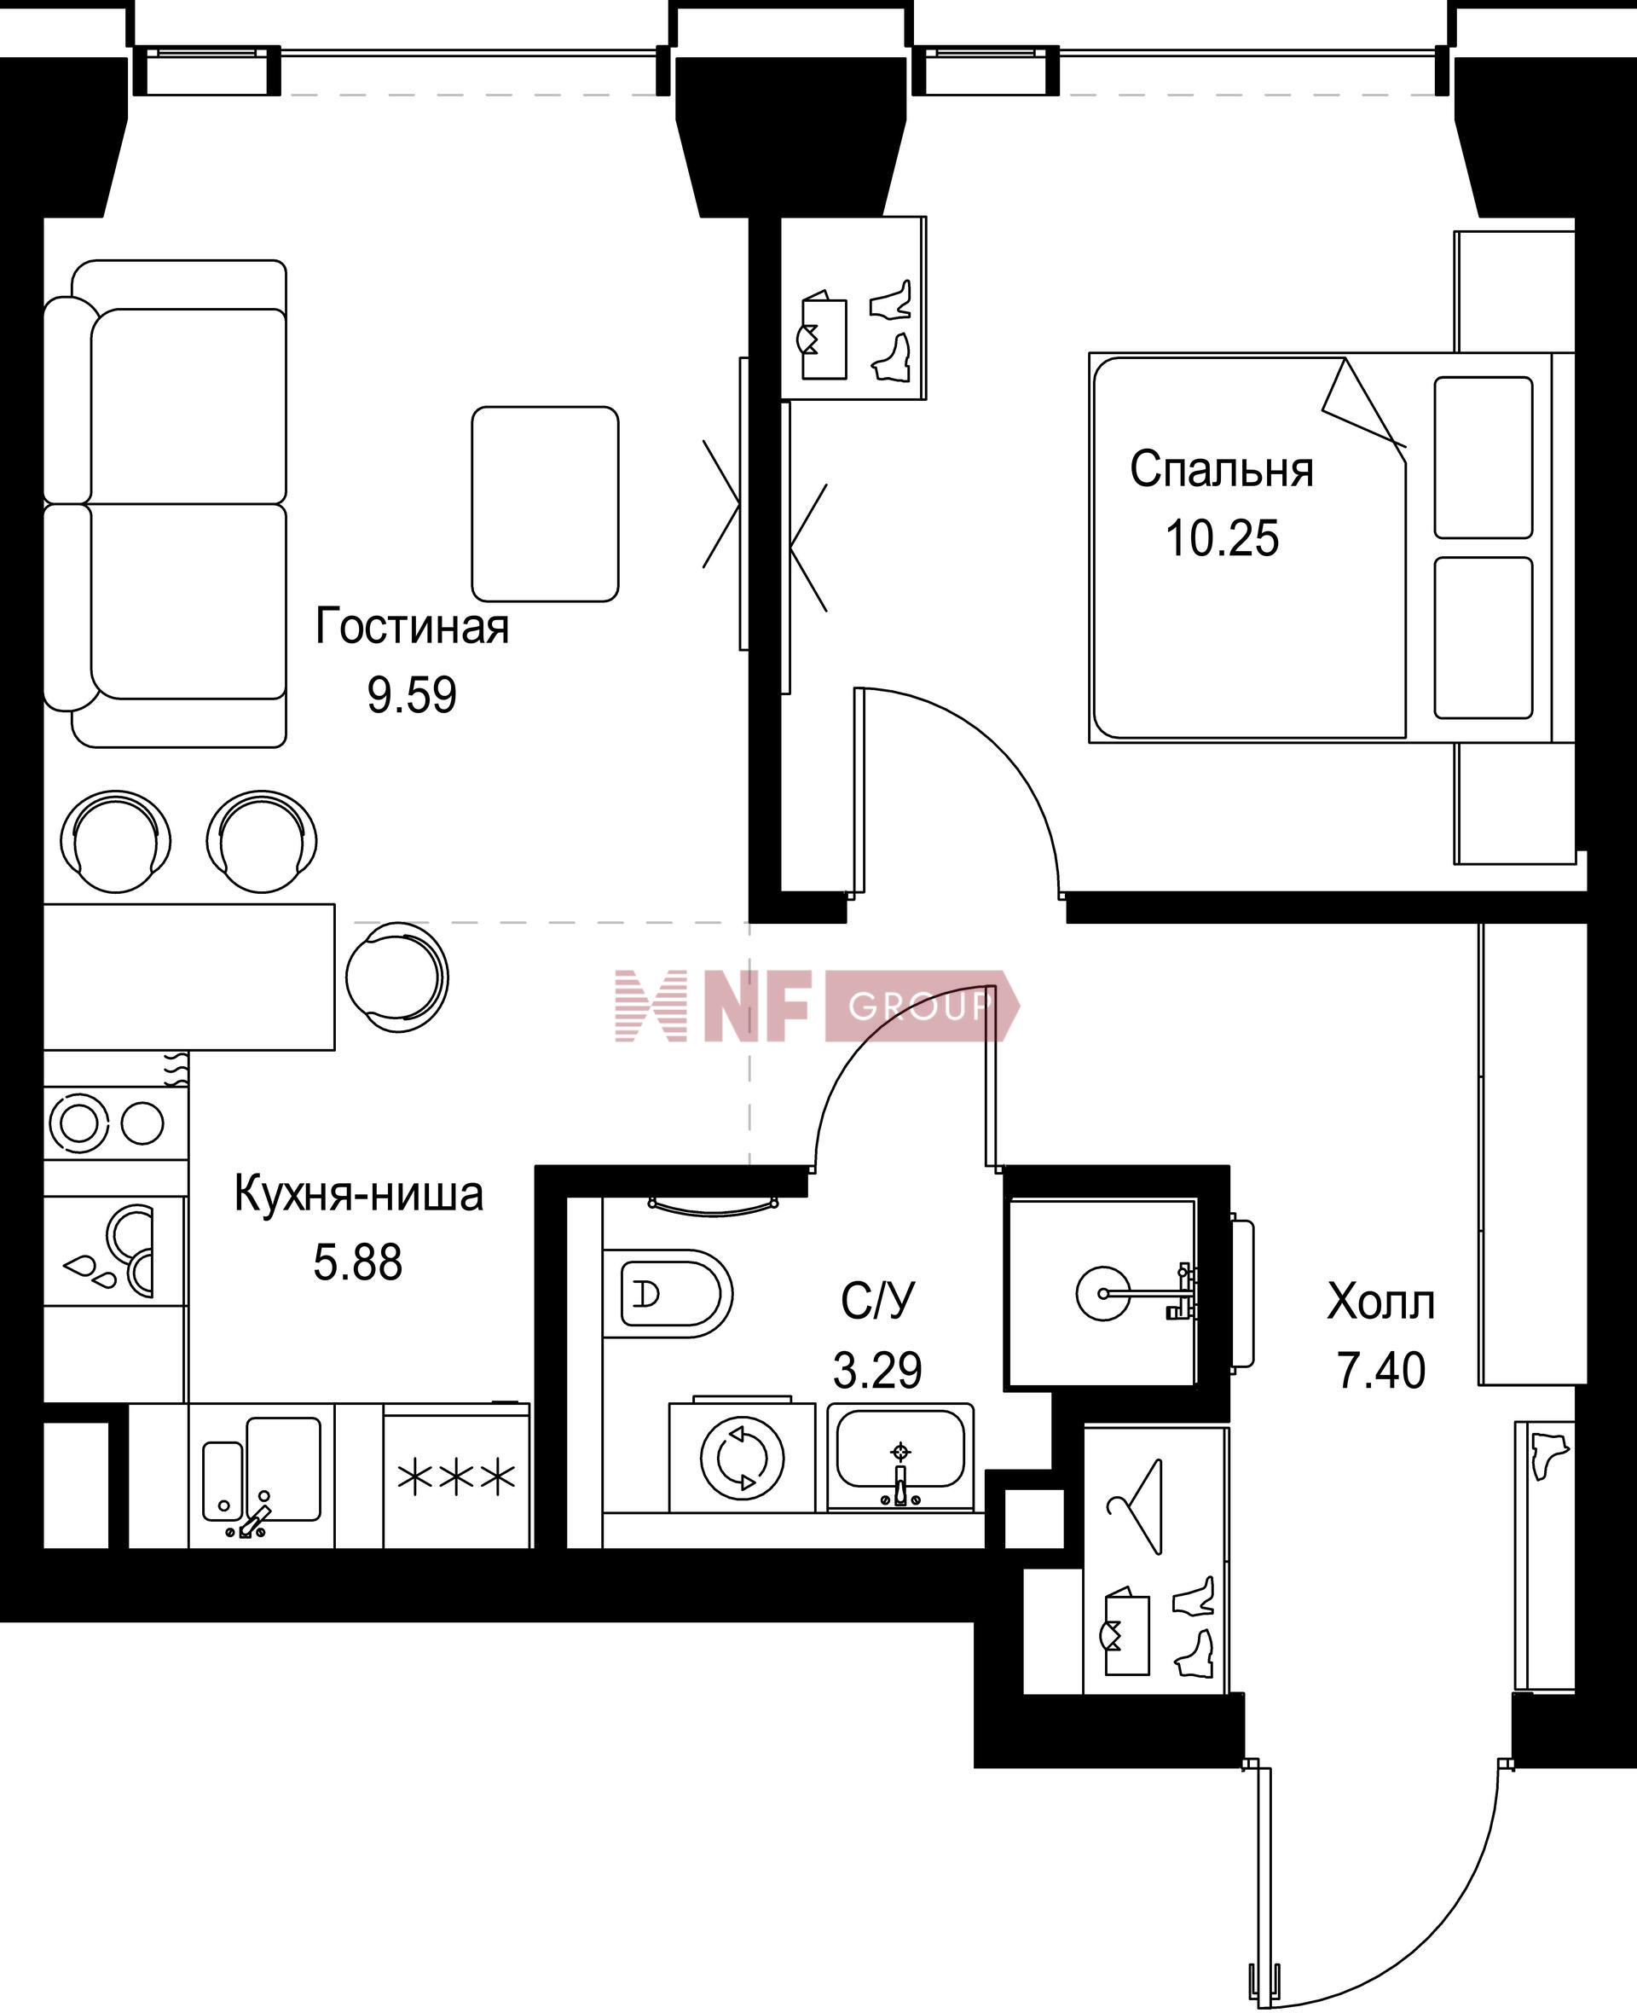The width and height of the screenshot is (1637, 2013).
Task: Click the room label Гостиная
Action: coord(412,626)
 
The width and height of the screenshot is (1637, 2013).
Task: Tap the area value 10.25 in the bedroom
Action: coord(1222,538)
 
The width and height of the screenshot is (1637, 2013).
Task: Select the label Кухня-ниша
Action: coord(358,1194)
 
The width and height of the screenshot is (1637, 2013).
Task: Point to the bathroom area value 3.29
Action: coord(877,1370)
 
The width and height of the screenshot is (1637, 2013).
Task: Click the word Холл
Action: coord(1380,1302)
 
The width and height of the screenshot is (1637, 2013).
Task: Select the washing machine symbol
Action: coord(741,1458)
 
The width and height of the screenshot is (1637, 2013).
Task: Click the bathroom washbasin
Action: coord(900,1458)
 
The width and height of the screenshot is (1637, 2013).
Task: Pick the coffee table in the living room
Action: coord(545,504)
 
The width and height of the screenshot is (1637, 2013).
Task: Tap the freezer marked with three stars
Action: coord(456,1477)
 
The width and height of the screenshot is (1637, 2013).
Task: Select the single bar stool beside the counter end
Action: coord(397,978)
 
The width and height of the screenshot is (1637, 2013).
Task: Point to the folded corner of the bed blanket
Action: coord(1363,403)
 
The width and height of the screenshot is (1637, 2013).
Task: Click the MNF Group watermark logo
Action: coord(817,1006)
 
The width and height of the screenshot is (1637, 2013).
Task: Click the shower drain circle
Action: coord(1102,1293)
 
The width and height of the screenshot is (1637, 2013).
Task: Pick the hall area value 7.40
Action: coord(1381,1371)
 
